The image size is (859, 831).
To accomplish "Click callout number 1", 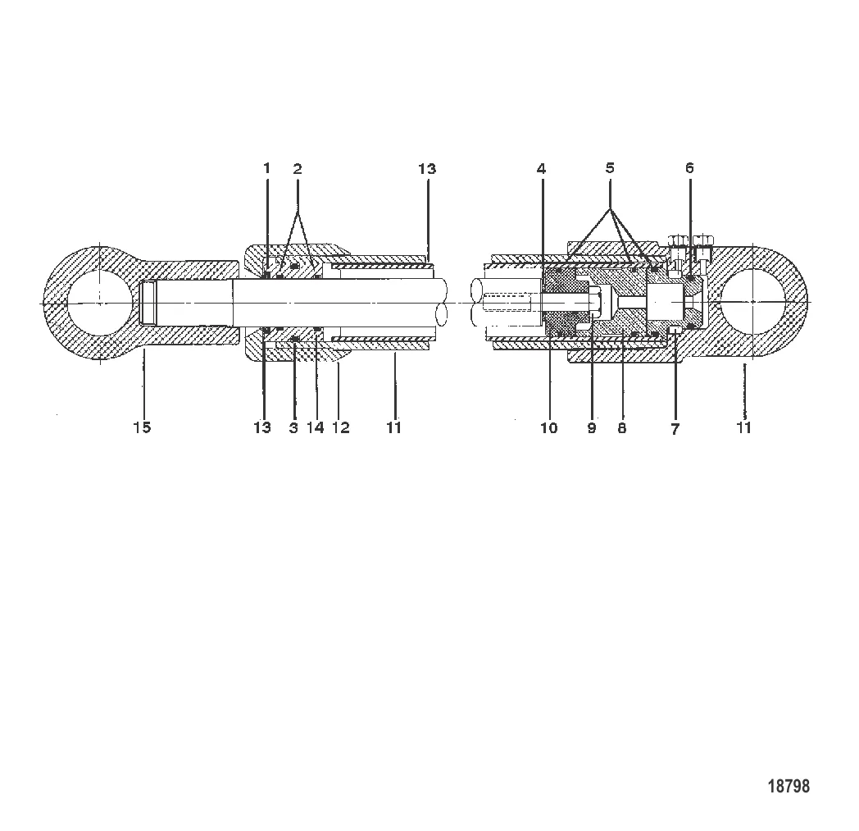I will (x=266, y=169).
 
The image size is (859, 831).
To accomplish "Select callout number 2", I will (x=298, y=169).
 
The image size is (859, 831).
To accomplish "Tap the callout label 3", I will (x=293, y=427).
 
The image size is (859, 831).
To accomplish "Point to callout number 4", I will (x=541, y=169).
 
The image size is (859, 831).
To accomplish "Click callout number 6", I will (x=689, y=169).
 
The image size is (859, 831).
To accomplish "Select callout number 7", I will (x=675, y=428).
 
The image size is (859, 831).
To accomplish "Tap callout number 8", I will (x=622, y=427).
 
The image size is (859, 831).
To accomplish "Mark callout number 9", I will (x=592, y=427).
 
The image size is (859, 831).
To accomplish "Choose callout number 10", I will (x=548, y=427).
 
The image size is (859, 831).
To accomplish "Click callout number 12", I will (x=340, y=427).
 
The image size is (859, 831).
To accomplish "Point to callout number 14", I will (x=315, y=427).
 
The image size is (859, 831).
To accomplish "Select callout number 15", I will (x=142, y=427).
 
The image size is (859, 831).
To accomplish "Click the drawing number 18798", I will (x=788, y=786).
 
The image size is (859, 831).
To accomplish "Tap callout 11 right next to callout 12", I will (x=393, y=427).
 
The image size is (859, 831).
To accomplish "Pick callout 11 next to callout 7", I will (x=743, y=427).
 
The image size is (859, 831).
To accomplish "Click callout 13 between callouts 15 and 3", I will (x=261, y=427).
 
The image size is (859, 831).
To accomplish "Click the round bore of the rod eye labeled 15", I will (x=98, y=302).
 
